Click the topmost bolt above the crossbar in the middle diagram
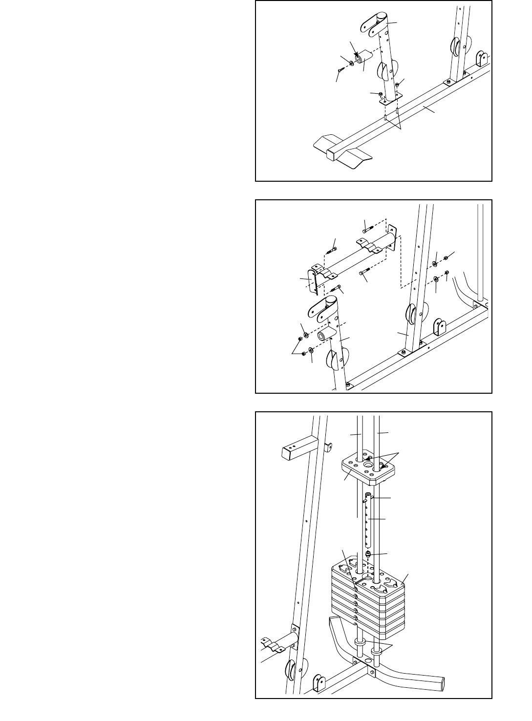pos(366,226)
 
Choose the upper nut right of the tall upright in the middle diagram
pos(446,258)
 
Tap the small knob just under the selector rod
pos(368,554)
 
